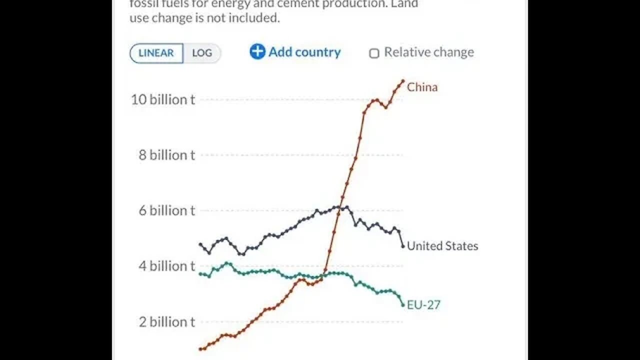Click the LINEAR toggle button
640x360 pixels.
tap(156, 53)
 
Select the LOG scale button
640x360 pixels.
tap(202, 53)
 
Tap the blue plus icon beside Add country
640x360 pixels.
tap(257, 51)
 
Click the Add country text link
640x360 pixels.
tap(304, 52)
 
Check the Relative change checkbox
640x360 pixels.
tap(374, 53)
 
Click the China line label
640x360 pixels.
tap(422, 87)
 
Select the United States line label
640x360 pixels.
tap(442, 245)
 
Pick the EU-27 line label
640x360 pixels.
tap(423, 304)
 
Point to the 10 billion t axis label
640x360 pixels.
tap(163, 99)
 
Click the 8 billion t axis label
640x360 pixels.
tap(166, 155)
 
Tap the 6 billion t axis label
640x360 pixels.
tap(166, 210)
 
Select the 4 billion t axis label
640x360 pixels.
tap(166, 266)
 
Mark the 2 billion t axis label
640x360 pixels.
tap(166, 321)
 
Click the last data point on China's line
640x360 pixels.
tap(403, 80)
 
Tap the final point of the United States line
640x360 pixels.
tap(403, 246)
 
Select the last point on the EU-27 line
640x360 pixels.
tap(403, 305)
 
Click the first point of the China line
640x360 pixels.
tap(200, 349)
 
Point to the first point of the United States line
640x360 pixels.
tap(200, 244)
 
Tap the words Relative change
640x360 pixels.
tap(428, 52)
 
